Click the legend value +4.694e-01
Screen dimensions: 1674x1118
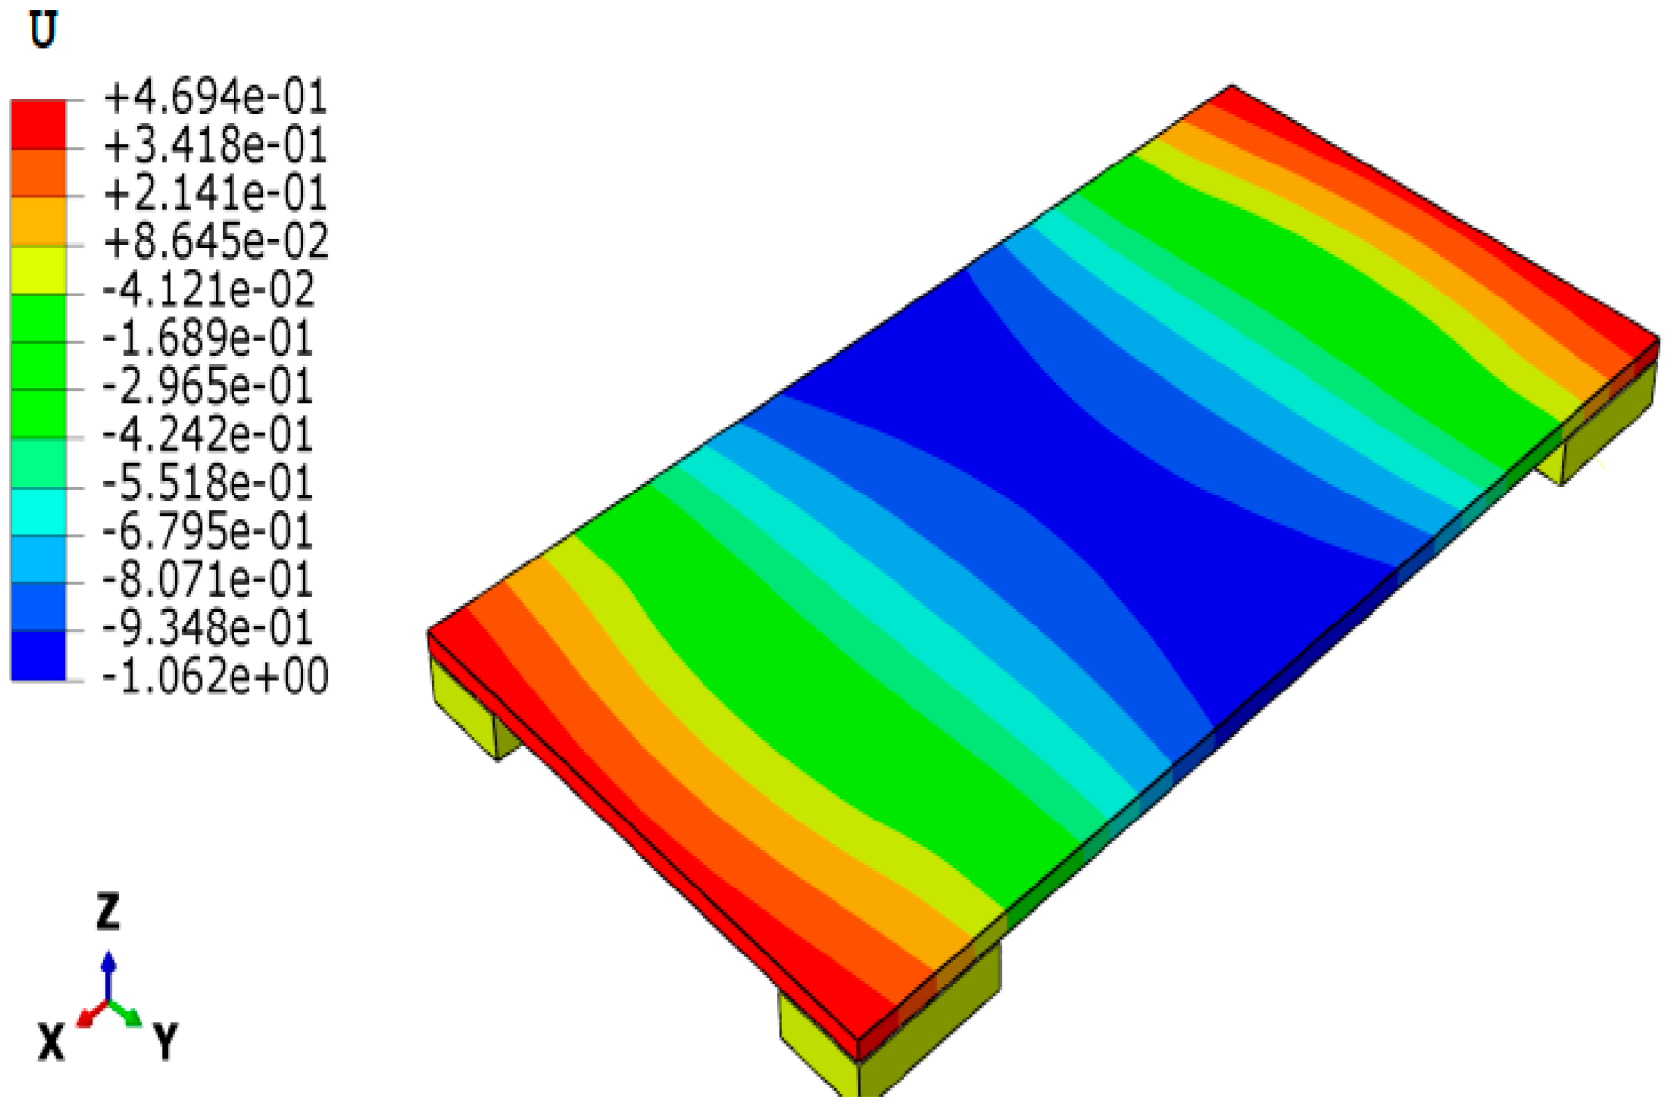215,98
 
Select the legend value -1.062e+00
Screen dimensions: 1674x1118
215,676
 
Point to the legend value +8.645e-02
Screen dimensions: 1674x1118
216,240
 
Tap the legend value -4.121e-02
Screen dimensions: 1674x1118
209,290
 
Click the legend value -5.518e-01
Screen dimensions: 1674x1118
207,482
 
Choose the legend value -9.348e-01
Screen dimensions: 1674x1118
207,627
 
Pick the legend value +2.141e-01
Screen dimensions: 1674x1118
215,193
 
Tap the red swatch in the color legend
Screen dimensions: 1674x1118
38,125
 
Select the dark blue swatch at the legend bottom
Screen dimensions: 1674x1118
38,655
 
